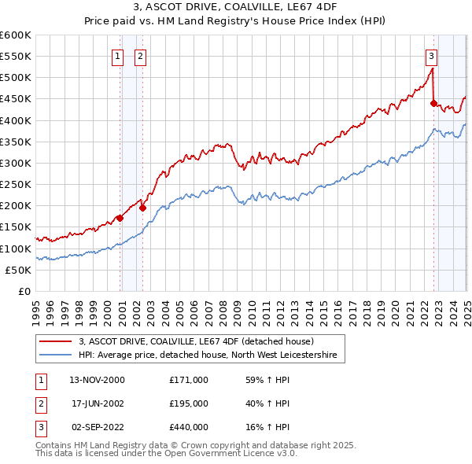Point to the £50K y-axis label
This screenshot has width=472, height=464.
tap(18, 270)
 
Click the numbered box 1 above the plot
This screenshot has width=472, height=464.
tap(117, 56)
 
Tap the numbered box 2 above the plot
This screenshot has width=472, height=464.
tap(140, 56)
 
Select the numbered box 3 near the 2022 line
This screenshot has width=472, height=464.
tap(432, 56)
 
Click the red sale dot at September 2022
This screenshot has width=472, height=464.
tap(433, 103)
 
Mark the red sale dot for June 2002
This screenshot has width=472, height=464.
tap(142, 208)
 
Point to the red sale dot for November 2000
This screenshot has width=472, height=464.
tap(120, 218)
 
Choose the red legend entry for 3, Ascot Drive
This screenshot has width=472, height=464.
tap(196, 341)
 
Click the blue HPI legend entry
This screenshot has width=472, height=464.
tap(207, 355)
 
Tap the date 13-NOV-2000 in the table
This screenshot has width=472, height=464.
tap(98, 380)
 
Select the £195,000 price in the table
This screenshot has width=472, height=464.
tap(189, 403)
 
